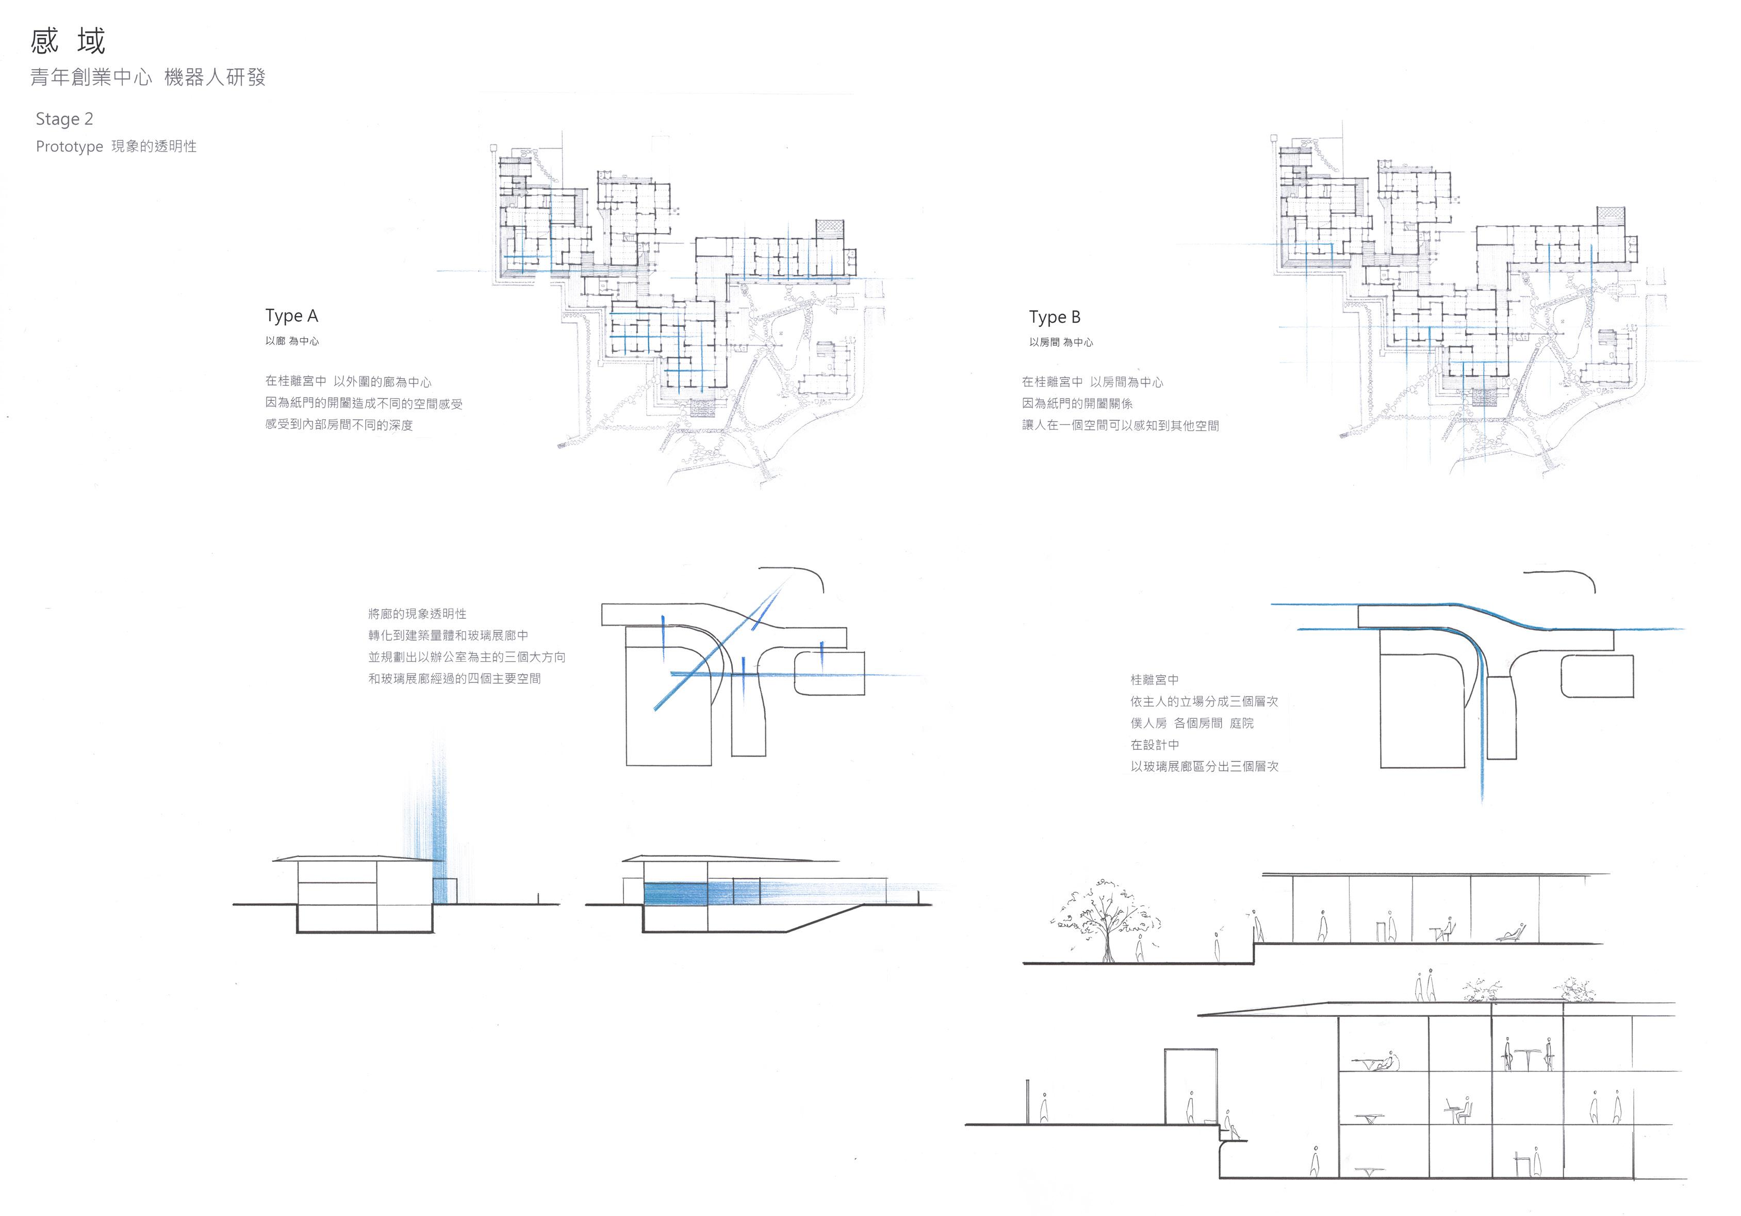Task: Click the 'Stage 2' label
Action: point(64,119)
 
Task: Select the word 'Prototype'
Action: point(69,146)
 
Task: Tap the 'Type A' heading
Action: point(291,316)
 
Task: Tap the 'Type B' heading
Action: point(1054,317)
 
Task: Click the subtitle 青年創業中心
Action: point(91,77)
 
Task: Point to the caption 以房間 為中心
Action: point(1061,342)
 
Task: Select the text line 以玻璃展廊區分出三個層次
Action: point(1204,766)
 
